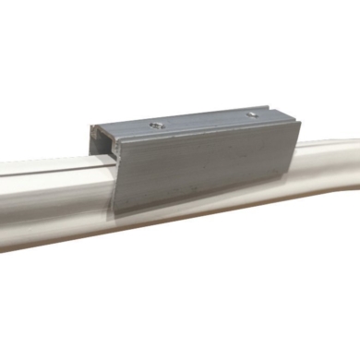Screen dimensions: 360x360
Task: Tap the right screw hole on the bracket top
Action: click(251, 114)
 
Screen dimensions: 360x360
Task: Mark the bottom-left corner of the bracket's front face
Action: click(114, 214)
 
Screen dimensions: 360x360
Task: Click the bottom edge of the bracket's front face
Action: click(203, 203)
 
